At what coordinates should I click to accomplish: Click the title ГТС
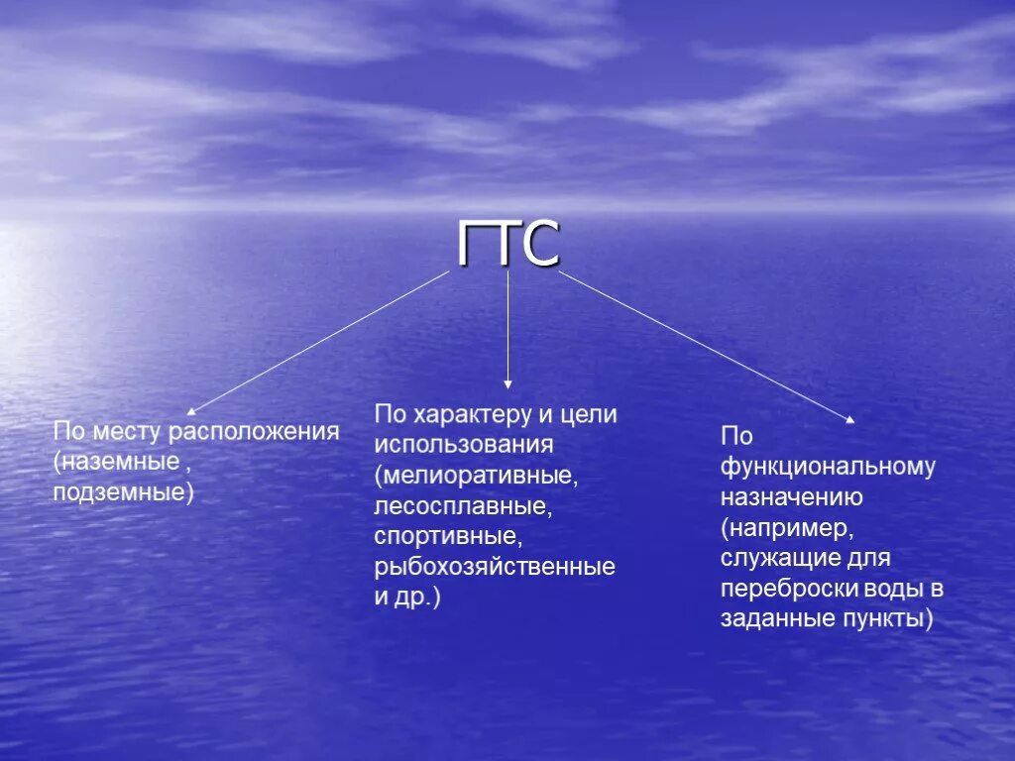coord(508,245)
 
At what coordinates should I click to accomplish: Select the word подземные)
coord(124,491)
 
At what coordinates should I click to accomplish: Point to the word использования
coord(463,445)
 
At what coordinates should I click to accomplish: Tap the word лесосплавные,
coord(462,506)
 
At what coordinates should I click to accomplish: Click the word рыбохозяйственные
coord(495,568)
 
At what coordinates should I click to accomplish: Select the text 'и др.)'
coord(407,598)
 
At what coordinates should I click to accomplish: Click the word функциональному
coord(828,466)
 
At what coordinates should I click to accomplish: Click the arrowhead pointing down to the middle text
coord(508,383)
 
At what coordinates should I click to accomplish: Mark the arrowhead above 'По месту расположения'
coord(192,408)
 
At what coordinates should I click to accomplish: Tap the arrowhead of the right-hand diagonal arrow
coord(848,419)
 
